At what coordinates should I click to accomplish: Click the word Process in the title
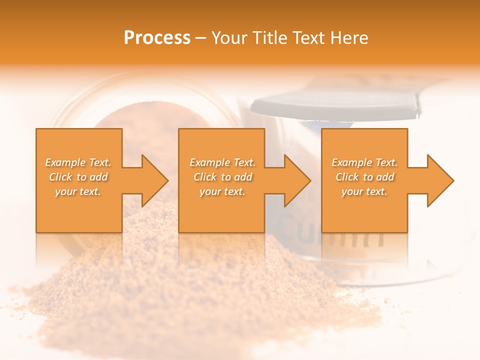157,37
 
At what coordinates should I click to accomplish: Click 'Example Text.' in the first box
78,162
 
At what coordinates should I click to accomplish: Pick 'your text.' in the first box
78,191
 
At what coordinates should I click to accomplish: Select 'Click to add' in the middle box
222,177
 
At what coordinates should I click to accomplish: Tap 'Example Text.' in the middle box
222,162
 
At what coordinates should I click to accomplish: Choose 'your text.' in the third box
364,191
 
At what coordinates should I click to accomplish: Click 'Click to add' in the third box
364,177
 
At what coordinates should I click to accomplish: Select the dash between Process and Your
201,38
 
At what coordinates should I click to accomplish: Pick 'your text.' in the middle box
222,191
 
